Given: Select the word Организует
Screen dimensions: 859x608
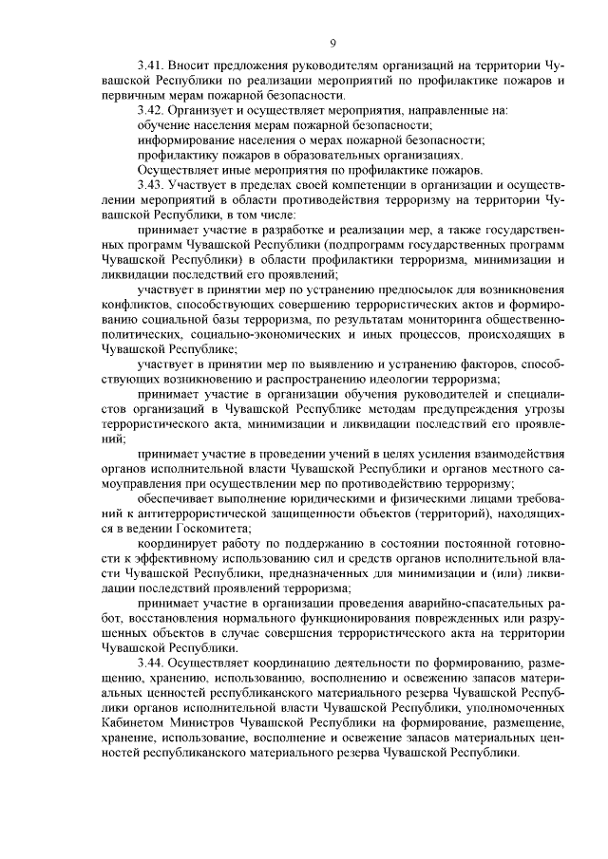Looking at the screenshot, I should click(202, 110).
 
